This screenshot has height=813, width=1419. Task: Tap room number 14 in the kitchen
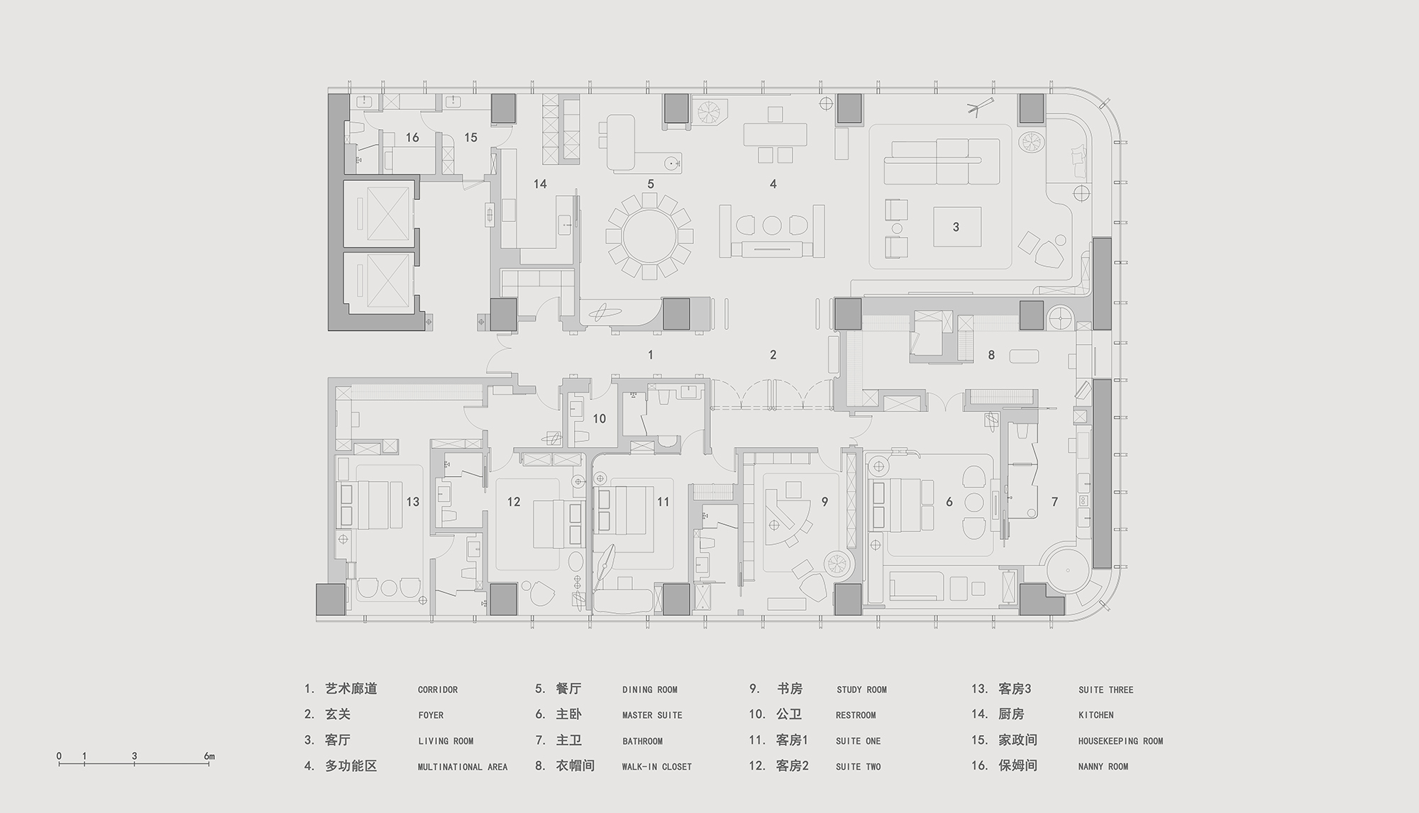(540, 184)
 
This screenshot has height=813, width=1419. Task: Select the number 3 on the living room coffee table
(956, 227)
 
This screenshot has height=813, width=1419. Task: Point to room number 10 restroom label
(600, 419)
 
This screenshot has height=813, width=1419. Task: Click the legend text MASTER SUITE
(652, 715)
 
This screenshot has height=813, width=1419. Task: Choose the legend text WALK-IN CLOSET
(656, 767)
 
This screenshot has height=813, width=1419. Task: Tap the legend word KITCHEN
(1096, 715)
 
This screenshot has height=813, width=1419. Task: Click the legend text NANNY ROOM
(1103, 767)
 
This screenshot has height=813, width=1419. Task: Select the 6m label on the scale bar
(209, 756)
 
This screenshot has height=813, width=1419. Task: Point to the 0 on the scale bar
(59, 756)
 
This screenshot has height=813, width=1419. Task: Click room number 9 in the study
(824, 502)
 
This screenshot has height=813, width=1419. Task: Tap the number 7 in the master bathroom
(1054, 502)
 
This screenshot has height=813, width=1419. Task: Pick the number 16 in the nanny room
(412, 138)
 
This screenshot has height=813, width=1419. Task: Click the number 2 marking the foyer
(773, 355)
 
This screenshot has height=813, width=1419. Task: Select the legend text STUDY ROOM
(861, 690)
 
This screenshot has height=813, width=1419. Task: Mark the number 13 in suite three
(413, 502)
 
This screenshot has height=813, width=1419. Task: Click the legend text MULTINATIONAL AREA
(463, 767)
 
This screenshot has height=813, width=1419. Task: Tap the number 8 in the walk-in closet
(991, 355)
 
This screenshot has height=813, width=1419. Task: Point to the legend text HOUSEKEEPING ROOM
(1121, 741)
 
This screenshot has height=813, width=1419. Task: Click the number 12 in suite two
(514, 502)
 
